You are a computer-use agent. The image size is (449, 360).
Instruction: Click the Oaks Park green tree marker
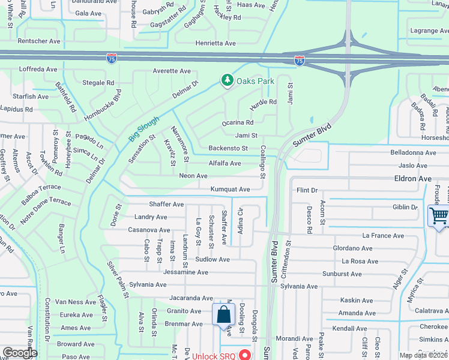(227, 80)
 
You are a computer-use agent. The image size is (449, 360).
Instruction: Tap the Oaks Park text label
(255, 80)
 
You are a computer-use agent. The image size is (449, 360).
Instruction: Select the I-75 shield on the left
(112, 58)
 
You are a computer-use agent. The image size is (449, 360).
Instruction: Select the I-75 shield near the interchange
(300, 60)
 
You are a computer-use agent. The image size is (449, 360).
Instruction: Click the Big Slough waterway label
(144, 129)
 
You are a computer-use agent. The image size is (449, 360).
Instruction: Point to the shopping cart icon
(439, 215)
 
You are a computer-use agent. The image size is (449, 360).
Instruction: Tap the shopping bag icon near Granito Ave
(223, 314)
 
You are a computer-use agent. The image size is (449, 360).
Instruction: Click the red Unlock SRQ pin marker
(245, 355)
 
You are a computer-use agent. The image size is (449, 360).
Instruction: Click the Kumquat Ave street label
(230, 189)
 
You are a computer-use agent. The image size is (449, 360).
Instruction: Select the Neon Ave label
(193, 176)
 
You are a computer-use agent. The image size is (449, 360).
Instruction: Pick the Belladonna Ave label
(413, 152)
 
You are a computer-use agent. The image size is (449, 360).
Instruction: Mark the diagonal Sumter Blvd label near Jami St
(312, 133)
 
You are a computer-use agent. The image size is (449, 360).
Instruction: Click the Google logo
(20, 353)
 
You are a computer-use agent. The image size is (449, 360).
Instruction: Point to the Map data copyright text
(424, 355)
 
